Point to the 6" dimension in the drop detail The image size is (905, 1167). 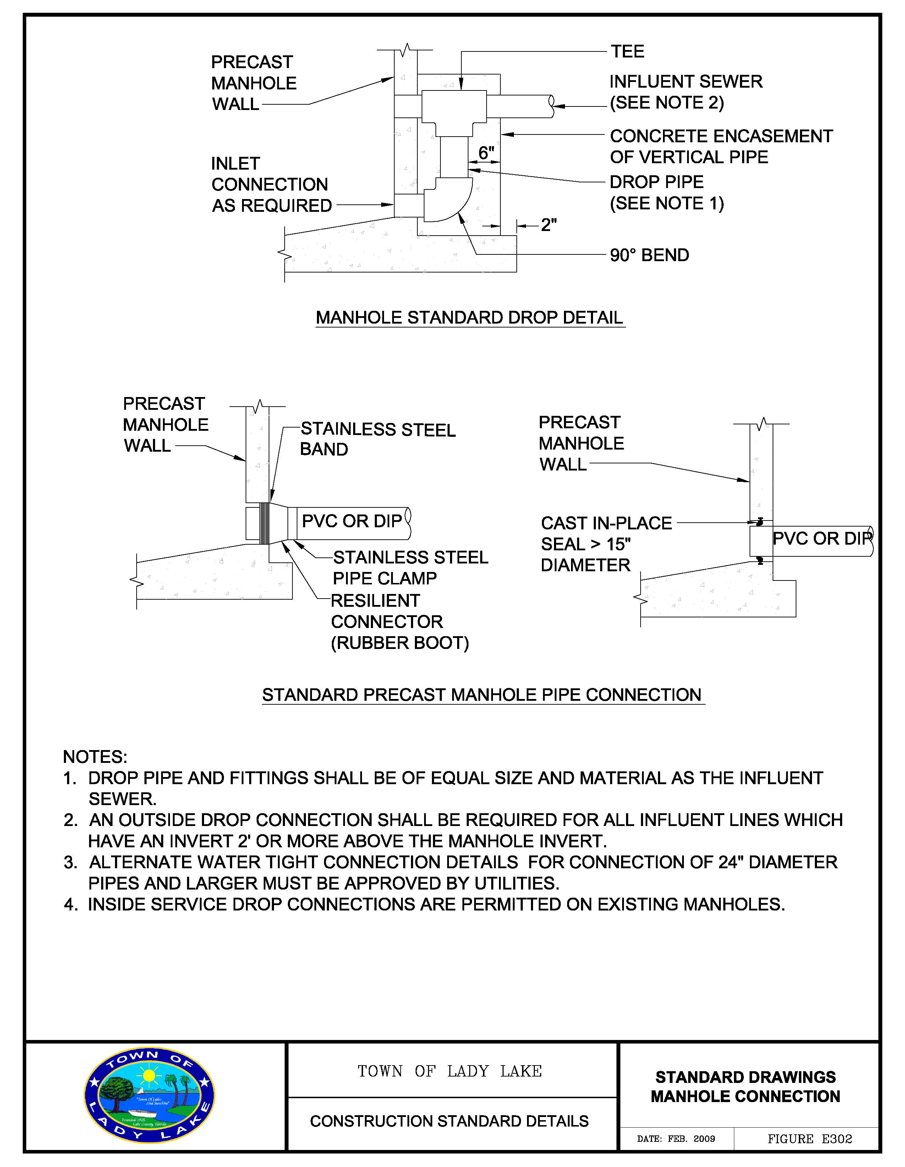pyautogui.click(x=486, y=153)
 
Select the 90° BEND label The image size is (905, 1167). pyautogui.click(x=649, y=255)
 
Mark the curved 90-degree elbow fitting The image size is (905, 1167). pyautogui.click(x=448, y=200)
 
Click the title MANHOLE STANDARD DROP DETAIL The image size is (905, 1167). pyautogui.click(x=469, y=318)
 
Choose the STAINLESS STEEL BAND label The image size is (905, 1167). pyautogui.click(x=377, y=439)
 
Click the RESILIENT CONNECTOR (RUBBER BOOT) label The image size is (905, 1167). pyautogui.click(x=399, y=622)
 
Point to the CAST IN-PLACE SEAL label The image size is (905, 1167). pyautogui.click(x=606, y=544)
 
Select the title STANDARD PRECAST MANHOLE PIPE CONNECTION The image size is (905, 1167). pyautogui.click(x=482, y=695)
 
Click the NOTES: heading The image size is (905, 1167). pyautogui.click(x=95, y=757)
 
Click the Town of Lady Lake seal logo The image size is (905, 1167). pyautogui.click(x=150, y=1095)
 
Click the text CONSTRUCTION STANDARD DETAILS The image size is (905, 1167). pyautogui.click(x=449, y=1121)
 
